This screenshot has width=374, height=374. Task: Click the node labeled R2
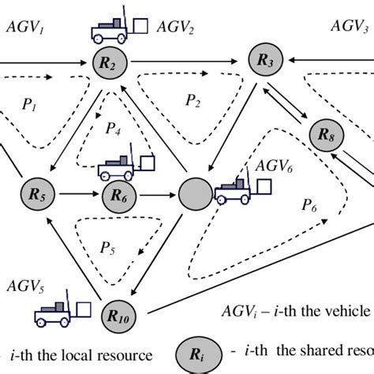click(x=108, y=62)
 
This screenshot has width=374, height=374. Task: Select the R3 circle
click(x=264, y=59)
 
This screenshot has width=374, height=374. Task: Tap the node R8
click(x=325, y=135)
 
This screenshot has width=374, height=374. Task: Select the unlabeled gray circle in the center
click(x=194, y=193)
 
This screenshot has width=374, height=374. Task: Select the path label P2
click(x=193, y=100)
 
